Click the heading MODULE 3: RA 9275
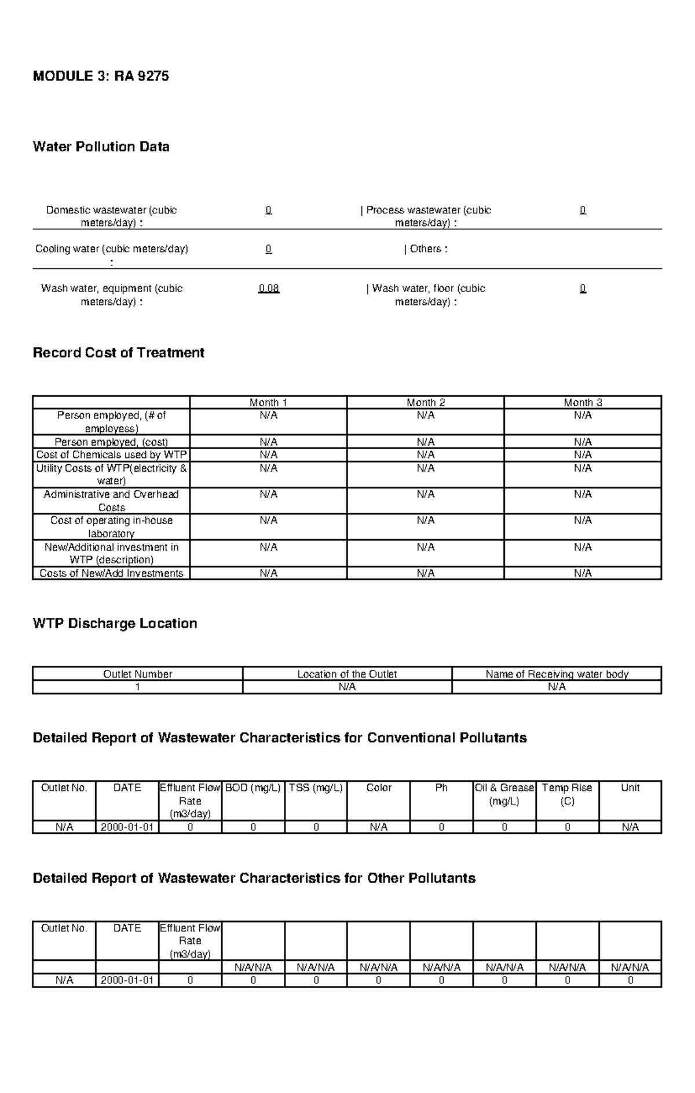(101, 76)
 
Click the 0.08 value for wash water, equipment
(269, 289)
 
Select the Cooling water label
(111, 249)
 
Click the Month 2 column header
(426, 402)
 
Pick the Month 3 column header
(583, 402)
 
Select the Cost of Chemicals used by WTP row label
(111, 455)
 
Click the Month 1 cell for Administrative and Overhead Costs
(269, 494)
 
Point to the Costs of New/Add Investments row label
(111, 573)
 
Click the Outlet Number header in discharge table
(137, 674)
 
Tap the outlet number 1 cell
(137, 687)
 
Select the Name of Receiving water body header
(557, 674)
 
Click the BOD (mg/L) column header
(253, 788)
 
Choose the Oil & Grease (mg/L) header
(504, 795)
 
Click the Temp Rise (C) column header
(567, 795)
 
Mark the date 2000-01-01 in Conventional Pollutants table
(127, 828)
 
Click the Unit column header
(630, 788)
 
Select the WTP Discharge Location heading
(115, 624)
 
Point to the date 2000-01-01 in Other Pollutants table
(127, 981)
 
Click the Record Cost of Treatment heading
(118, 353)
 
